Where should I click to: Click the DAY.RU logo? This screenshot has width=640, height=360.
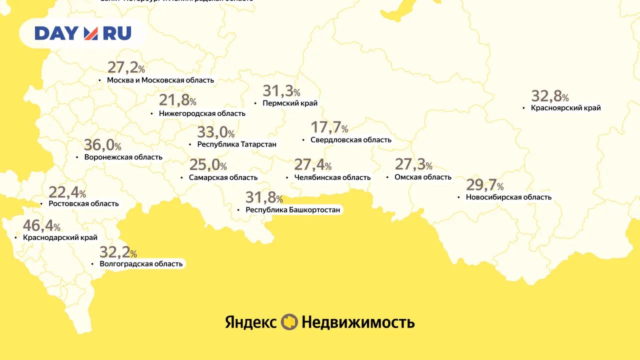[x=83, y=33]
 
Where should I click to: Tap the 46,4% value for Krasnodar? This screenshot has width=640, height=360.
[x=41, y=226]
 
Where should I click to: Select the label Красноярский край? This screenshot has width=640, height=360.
[x=565, y=107]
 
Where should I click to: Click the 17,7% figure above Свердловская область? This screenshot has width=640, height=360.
[x=329, y=128]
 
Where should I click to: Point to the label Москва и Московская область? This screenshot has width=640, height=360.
[x=160, y=80]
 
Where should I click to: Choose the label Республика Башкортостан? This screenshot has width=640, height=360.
[x=292, y=210]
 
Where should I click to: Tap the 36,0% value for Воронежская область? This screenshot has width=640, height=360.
[x=102, y=145]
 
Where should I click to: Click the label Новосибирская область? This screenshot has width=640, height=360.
[x=508, y=197]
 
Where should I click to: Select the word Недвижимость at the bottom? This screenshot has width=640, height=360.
[x=358, y=322]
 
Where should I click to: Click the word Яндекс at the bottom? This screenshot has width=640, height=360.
[x=250, y=322]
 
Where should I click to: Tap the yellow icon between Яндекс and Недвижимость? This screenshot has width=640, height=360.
[x=289, y=322]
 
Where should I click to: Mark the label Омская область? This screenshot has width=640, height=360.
[x=422, y=177]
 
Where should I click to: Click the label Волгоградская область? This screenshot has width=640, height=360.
[x=141, y=263]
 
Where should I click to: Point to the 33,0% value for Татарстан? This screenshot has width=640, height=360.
[x=215, y=132]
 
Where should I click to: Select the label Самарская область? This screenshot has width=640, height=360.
[x=223, y=177]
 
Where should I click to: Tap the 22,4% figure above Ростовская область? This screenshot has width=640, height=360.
[x=67, y=192]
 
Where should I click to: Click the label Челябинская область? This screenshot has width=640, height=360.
[x=332, y=177]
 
